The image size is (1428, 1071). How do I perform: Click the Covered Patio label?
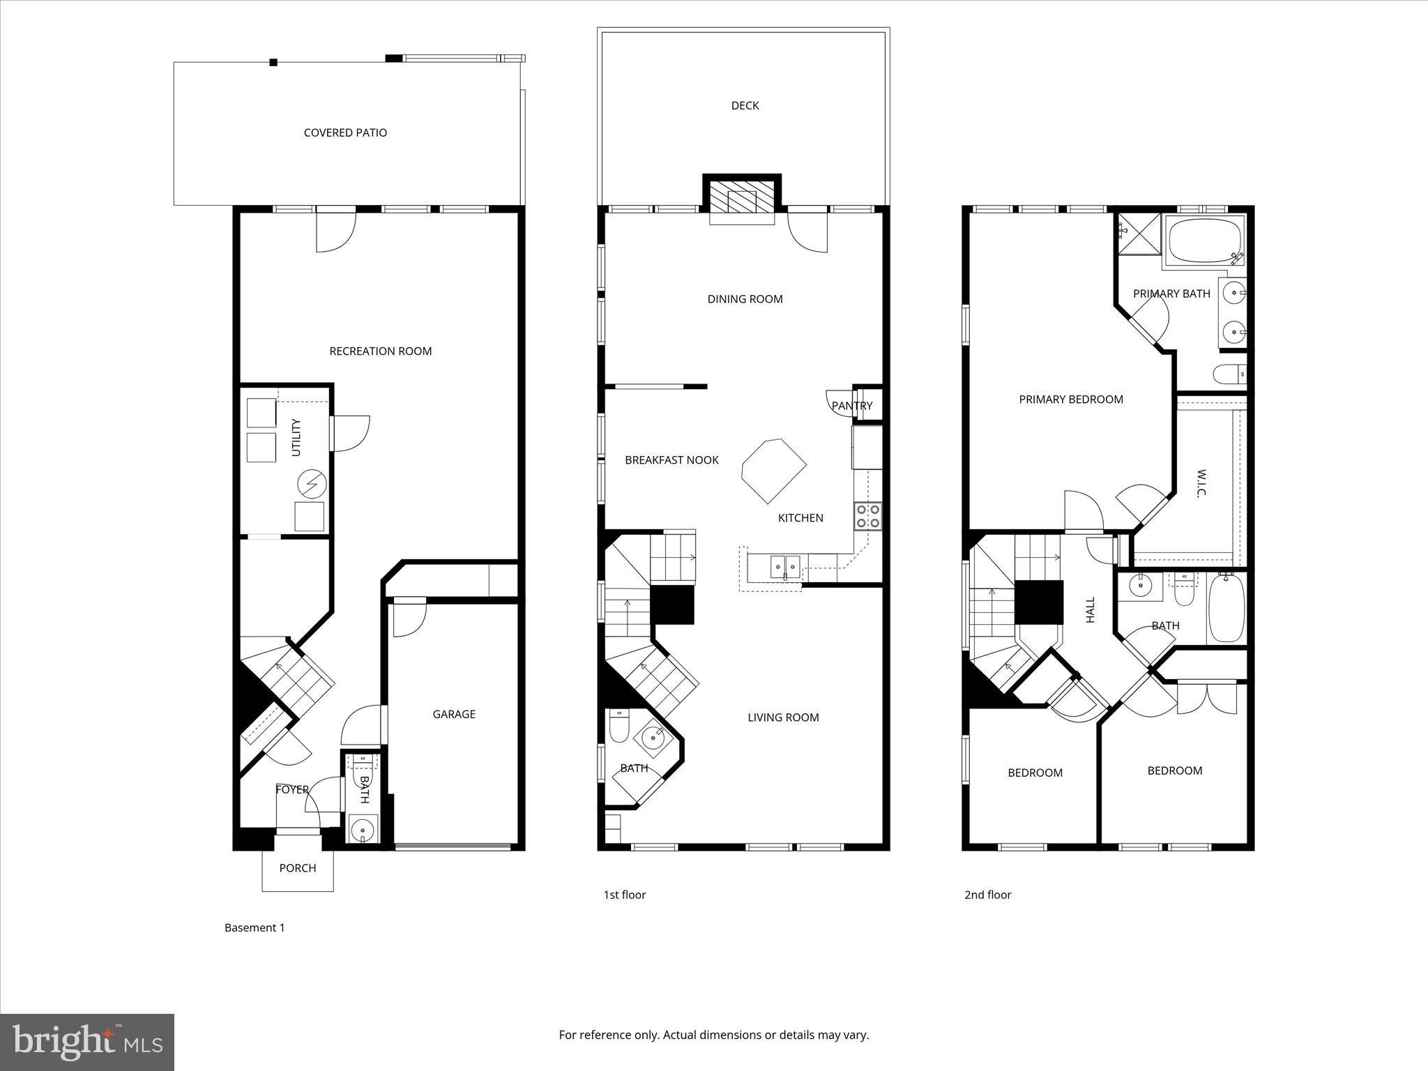345,132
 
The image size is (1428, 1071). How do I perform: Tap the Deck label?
745,105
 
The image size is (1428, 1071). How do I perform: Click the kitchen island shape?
773,469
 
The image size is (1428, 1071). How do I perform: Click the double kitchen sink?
785,565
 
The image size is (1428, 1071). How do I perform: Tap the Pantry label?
851,406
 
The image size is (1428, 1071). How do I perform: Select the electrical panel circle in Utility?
312,483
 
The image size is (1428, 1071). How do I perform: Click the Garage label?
454,714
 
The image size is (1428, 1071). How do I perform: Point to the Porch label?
298,868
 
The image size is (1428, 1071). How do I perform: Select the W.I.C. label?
1201,483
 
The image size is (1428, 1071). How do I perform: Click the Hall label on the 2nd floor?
1091,609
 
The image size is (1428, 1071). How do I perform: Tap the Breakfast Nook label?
671,460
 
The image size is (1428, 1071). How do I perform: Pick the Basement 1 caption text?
255,927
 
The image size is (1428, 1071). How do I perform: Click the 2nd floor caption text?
987,895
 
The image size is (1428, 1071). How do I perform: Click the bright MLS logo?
87,1042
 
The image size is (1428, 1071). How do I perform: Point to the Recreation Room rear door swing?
335,231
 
